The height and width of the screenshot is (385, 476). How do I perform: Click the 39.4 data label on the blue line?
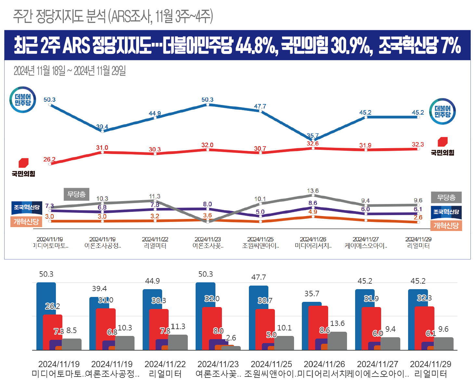coord(102,127)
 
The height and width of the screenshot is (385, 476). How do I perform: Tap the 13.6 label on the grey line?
coord(313,191)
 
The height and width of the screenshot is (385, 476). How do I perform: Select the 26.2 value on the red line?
coord(49,159)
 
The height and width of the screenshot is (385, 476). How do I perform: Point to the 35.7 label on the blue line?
coord(313,135)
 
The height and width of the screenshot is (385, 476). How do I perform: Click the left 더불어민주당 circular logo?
coord(23,100)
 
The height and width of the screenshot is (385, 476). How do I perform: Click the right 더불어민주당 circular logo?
coord(443,111)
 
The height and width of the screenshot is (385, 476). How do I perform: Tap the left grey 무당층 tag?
coord(76,194)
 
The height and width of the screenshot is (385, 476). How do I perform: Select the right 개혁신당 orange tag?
coord(446,225)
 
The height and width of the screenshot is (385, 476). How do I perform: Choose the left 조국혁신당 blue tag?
coord(27,207)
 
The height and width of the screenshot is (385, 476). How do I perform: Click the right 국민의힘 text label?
coord(443,153)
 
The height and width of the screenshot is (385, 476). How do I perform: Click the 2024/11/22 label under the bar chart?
coord(165,364)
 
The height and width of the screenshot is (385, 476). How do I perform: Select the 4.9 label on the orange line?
coord(313,212)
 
